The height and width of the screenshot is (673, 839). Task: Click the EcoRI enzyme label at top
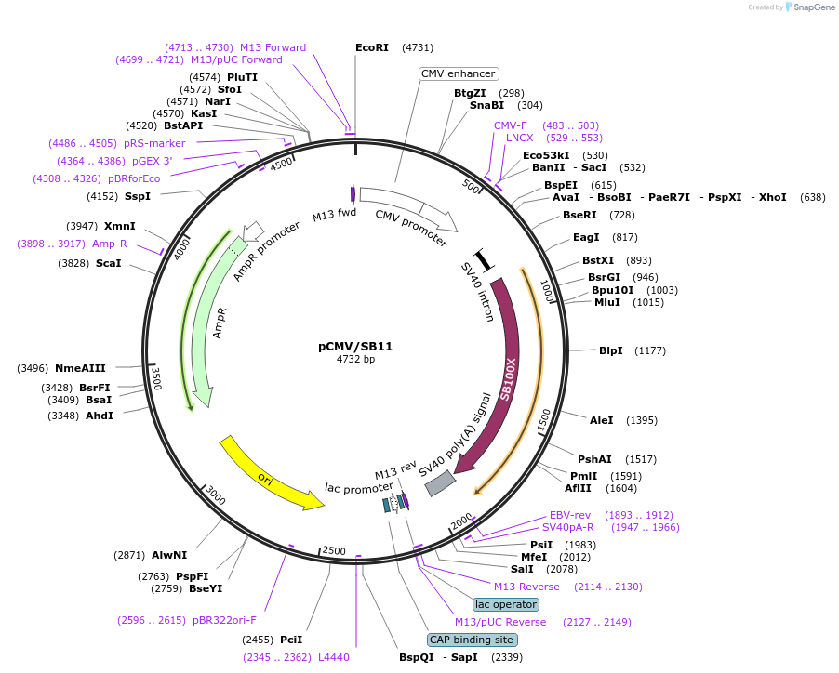(372, 47)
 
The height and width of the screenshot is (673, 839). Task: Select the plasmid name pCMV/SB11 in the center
(355, 346)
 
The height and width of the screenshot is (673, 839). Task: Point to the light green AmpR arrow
(200, 325)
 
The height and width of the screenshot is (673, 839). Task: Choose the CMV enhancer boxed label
(459, 73)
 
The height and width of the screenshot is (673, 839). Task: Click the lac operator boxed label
(506, 604)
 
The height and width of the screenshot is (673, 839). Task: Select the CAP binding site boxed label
(472, 640)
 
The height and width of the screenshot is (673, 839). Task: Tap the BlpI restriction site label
(611, 350)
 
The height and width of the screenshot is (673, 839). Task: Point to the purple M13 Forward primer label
(273, 47)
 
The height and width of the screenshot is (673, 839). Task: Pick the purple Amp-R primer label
(110, 244)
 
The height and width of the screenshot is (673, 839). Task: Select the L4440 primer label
(334, 657)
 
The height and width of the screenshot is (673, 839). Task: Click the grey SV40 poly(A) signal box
(440, 482)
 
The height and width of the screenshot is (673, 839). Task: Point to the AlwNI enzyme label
(169, 555)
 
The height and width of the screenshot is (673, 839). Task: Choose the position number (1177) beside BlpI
(650, 350)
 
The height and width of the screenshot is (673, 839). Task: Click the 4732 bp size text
(355, 359)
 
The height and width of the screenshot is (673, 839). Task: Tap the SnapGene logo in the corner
(807, 7)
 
